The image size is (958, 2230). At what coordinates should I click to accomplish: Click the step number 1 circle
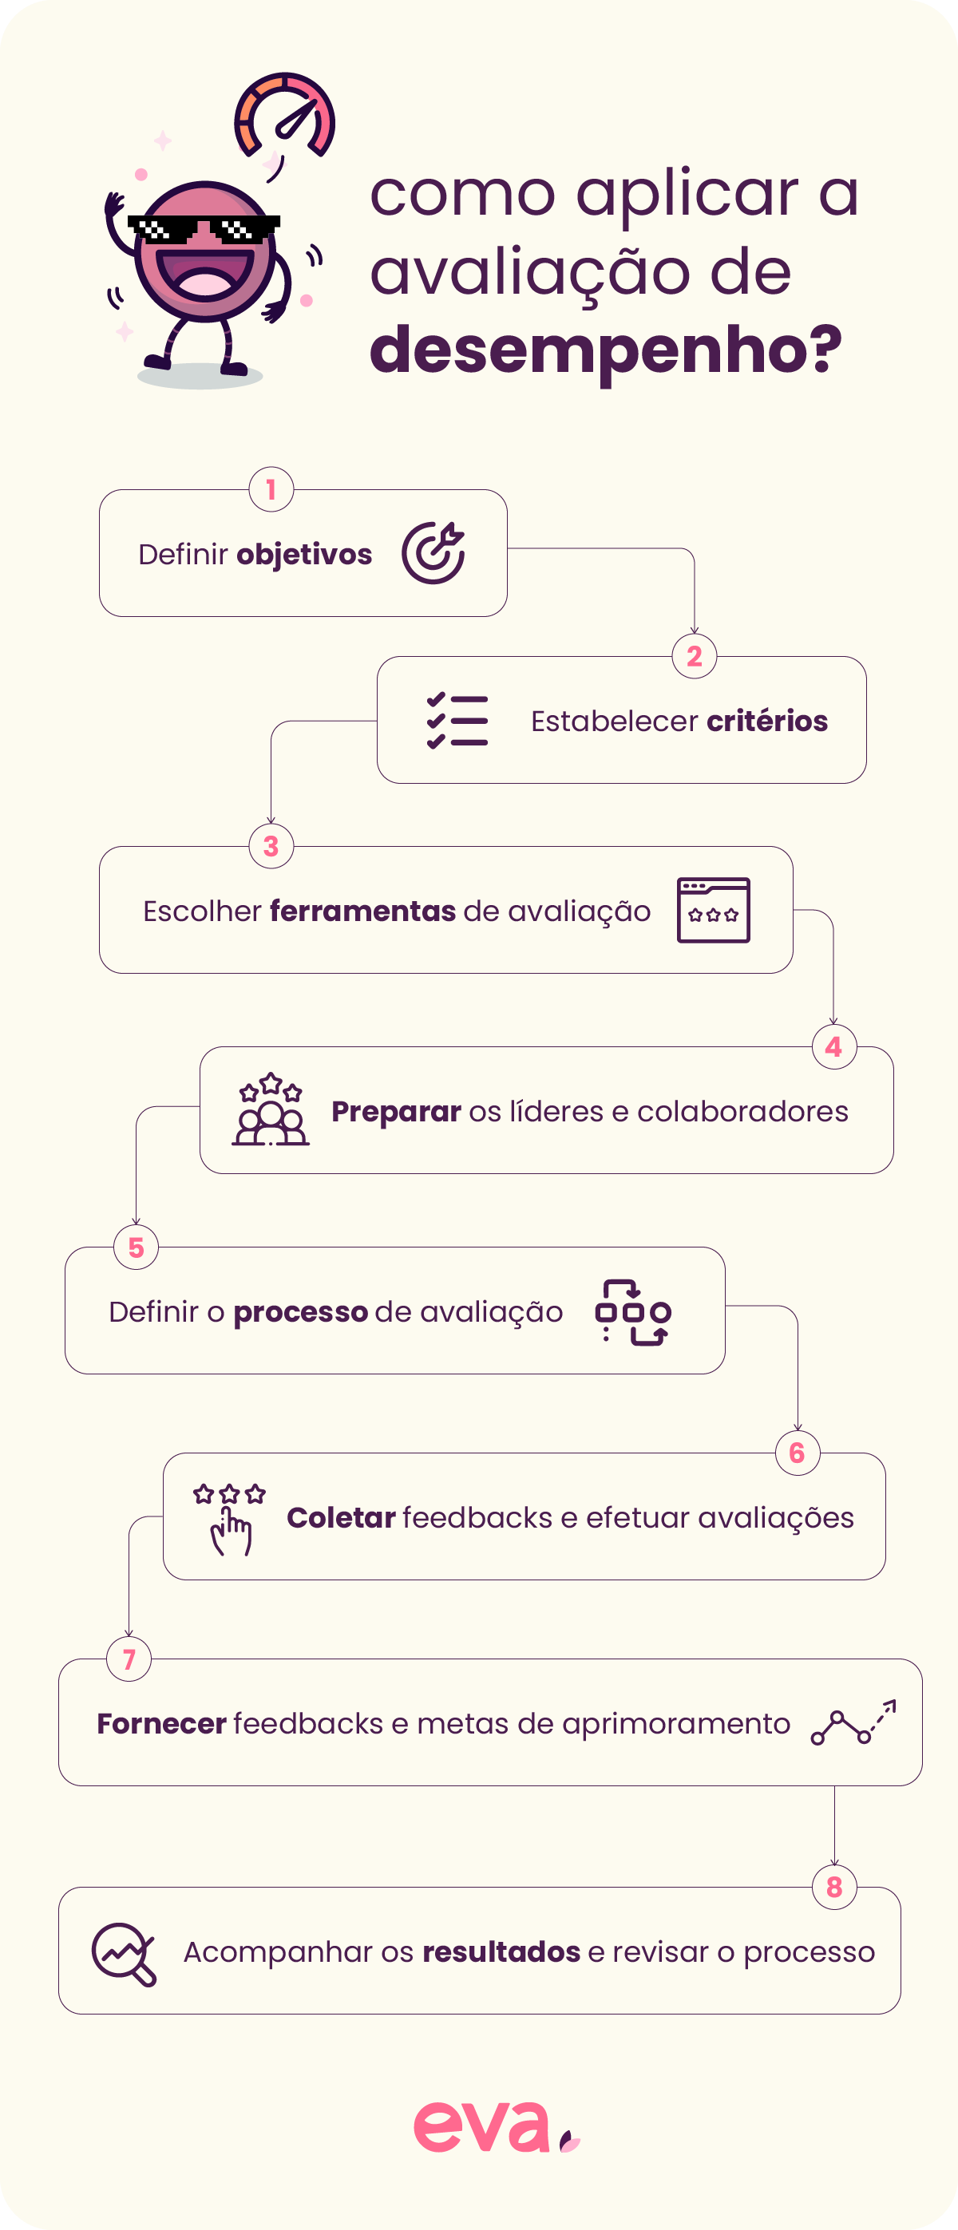(x=271, y=490)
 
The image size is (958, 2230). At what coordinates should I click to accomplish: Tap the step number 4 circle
(x=834, y=1046)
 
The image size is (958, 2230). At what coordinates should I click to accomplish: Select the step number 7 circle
(x=129, y=1659)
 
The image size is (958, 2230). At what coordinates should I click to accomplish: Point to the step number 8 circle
(x=834, y=1886)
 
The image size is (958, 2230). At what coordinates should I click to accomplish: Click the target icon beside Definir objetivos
(x=433, y=552)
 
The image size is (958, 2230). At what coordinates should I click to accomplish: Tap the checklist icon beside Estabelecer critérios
(x=457, y=720)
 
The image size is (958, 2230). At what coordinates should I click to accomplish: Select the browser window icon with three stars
(x=713, y=910)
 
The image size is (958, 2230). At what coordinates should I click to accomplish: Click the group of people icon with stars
(x=271, y=1109)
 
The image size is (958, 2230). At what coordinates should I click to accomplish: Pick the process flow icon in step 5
(x=633, y=1311)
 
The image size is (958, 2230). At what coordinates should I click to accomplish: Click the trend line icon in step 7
(x=853, y=1722)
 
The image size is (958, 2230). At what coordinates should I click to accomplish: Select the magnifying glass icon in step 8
(x=124, y=1954)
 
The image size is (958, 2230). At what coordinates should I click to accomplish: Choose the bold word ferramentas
(x=363, y=911)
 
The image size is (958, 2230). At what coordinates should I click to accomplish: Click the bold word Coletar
(x=341, y=1517)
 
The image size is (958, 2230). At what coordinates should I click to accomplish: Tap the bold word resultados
(x=501, y=1952)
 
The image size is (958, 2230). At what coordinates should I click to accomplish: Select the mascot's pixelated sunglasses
(x=204, y=228)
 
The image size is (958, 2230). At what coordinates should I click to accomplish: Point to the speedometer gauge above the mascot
(x=284, y=116)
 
